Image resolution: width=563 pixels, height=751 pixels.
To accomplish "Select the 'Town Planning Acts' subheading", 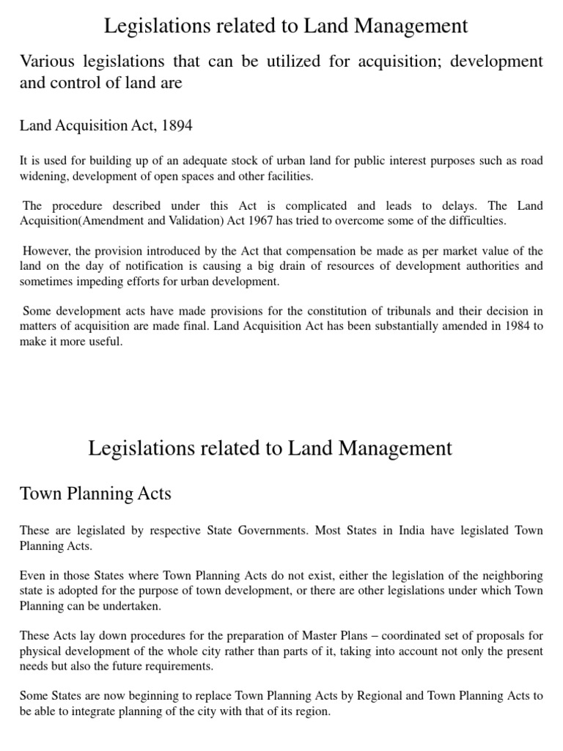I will coord(95,494).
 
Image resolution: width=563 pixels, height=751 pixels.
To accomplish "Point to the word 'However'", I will coord(45,252).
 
